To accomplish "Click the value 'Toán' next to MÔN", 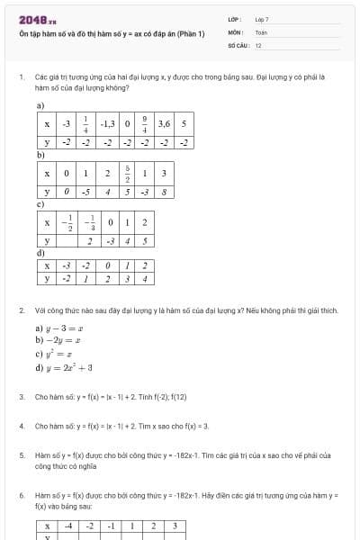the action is pos(261,31).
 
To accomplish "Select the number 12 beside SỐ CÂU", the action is pos(258,44).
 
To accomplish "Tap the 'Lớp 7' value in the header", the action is pos(262,19).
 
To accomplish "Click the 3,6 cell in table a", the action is pos(164,124).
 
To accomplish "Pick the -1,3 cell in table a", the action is pos(107,124).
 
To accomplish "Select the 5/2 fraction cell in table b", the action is pos(128,173).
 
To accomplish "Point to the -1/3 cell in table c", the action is pos(89,222).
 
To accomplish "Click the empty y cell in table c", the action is pos(67,241).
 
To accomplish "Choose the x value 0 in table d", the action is pos(107,265).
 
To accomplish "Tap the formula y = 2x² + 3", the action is pos(64,367).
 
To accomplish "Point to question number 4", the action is pos(22,426).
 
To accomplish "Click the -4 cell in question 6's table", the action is pos(68,526).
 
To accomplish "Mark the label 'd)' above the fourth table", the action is pos(40,253).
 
